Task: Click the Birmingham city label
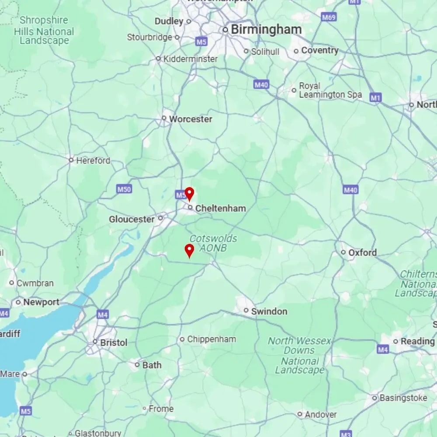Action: pos(266,30)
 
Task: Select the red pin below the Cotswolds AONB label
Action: pos(189,250)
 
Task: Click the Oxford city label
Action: pos(362,253)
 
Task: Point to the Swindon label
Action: pos(269,311)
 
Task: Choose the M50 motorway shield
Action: pos(124,189)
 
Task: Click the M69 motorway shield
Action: pos(328,17)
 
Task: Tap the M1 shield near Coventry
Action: pos(375,97)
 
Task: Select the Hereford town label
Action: pos(93,160)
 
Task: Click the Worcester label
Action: pos(191,119)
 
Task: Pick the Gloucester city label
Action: pos(132,219)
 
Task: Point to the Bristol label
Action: pos(114,343)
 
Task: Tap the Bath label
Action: pos(152,365)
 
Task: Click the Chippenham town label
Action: pos(211,339)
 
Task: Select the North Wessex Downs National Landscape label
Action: pos(300,355)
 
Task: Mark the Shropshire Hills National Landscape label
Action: pos(44,31)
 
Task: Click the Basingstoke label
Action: pos(403,398)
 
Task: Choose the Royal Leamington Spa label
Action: pos(330,90)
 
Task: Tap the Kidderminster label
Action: pos(190,59)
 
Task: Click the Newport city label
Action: pos(41,302)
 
